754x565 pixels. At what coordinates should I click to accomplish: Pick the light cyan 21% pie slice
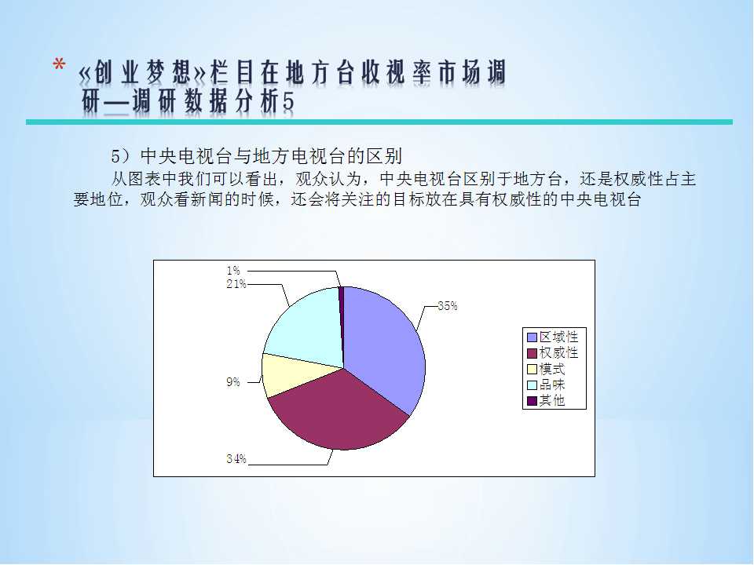[x=308, y=326]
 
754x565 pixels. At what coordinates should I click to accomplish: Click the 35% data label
[x=448, y=306]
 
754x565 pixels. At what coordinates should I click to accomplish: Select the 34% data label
[x=236, y=459]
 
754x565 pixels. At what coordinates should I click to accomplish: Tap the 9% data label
[x=233, y=382]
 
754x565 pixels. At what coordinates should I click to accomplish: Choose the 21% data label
[x=236, y=284]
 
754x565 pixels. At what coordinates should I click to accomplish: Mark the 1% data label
[x=233, y=271]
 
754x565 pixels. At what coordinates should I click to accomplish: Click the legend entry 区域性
[x=553, y=337]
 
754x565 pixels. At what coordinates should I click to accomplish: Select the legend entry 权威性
[x=553, y=352]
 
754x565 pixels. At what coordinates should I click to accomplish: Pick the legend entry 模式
[x=547, y=369]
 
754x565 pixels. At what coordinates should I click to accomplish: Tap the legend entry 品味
[x=547, y=385]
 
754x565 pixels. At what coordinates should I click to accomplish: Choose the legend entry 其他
[x=547, y=401]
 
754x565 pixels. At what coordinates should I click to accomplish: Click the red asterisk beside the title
[x=59, y=64]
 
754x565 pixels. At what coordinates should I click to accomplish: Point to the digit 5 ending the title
[x=288, y=102]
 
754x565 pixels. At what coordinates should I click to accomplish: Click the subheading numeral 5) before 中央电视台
[x=121, y=156]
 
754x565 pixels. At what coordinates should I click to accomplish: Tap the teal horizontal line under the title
[x=379, y=122]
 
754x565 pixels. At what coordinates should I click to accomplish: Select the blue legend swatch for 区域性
[x=532, y=337]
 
